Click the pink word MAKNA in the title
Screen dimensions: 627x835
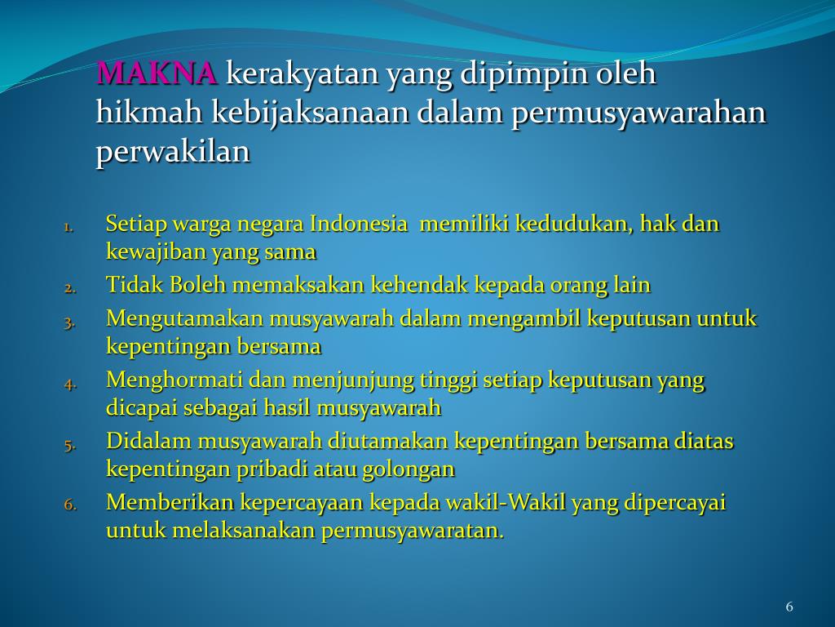[157, 74]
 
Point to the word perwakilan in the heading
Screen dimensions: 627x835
[173, 153]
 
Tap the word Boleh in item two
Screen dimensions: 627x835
[197, 285]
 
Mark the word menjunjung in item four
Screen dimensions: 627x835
[342, 380]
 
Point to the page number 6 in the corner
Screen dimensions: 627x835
[789, 607]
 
